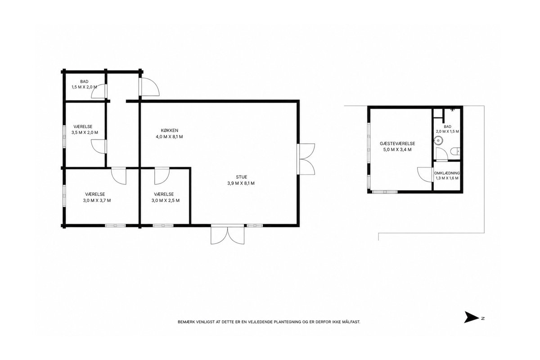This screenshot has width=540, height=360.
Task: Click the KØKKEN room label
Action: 170,130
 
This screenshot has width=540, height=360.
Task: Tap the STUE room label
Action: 241,177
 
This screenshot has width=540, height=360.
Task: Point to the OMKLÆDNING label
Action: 447,173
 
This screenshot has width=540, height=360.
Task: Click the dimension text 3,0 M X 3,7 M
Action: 97,200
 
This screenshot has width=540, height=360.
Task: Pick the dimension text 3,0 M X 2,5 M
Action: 166,200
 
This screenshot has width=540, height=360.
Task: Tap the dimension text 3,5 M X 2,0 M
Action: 85,132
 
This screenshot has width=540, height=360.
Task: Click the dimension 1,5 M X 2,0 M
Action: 84,87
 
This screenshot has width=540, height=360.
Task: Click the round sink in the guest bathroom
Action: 438,140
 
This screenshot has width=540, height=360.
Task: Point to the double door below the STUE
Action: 227,234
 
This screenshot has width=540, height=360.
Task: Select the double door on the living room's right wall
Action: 306,159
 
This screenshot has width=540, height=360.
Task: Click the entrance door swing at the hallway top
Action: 149,87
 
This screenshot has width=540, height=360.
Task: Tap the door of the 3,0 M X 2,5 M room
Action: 162,176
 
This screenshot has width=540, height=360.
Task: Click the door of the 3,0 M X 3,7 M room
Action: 119,176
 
